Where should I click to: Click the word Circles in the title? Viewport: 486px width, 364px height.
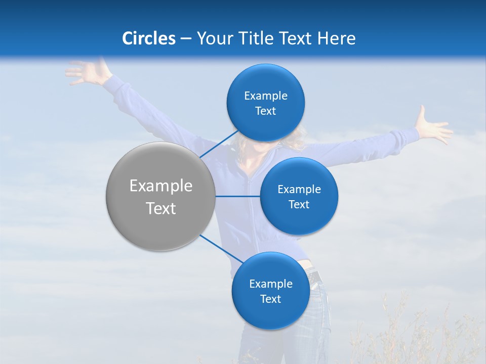click(149, 38)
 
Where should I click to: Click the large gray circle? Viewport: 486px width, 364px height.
click(160, 196)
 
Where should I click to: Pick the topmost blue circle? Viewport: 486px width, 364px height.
click(265, 103)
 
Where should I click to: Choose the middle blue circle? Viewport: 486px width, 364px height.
click(299, 196)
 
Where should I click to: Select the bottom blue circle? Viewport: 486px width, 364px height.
click(270, 291)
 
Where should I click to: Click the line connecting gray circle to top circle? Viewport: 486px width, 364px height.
click(219, 144)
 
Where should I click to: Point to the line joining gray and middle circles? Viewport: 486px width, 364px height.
click(237, 196)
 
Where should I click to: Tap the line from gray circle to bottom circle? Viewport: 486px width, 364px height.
click(221, 249)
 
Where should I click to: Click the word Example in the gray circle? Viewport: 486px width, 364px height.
click(160, 186)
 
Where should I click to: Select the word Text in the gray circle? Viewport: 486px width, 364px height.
click(160, 208)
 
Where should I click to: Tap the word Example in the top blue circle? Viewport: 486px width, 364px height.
click(265, 96)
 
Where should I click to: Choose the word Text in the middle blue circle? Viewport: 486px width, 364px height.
click(299, 204)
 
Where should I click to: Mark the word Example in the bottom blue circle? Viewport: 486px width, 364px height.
click(270, 284)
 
